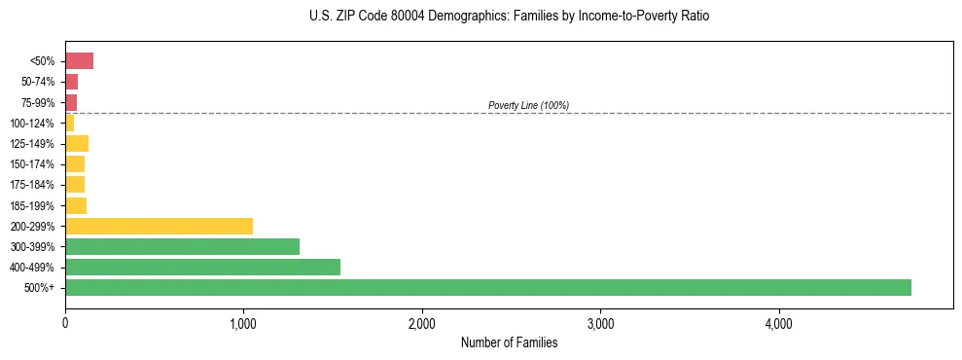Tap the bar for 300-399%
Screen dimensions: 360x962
pyautogui.click(x=182, y=246)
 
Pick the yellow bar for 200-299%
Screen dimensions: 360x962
pyautogui.click(x=159, y=226)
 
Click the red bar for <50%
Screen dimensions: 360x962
pyautogui.click(x=79, y=61)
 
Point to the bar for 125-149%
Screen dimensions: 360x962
pyautogui.click(x=77, y=143)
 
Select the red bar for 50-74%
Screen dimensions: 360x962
pyautogui.click(x=71, y=82)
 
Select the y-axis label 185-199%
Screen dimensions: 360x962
pyautogui.click(x=33, y=205)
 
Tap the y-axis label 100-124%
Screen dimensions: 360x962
pyautogui.click(x=33, y=123)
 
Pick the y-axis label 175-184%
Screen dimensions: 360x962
pyautogui.click(x=33, y=185)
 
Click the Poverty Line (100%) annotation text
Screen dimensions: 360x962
pyautogui.click(x=528, y=105)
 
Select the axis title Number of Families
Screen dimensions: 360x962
pyautogui.click(x=509, y=342)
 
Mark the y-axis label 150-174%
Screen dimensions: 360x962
pyautogui.click(x=33, y=164)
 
